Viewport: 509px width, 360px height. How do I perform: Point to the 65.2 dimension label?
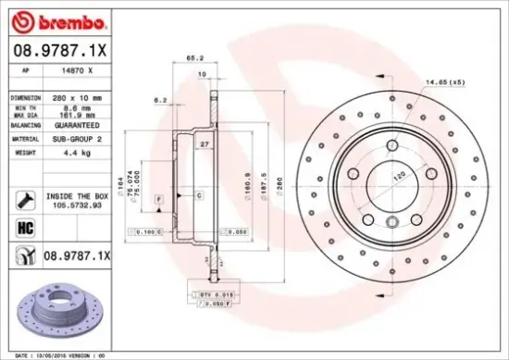[194, 57]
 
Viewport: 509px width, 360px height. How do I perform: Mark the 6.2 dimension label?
[159, 100]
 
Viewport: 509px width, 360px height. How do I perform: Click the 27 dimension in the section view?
[204, 144]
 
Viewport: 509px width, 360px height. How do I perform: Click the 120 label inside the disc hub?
[401, 174]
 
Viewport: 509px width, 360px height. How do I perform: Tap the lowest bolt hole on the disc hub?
[392, 220]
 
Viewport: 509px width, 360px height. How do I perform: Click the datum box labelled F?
[159, 199]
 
